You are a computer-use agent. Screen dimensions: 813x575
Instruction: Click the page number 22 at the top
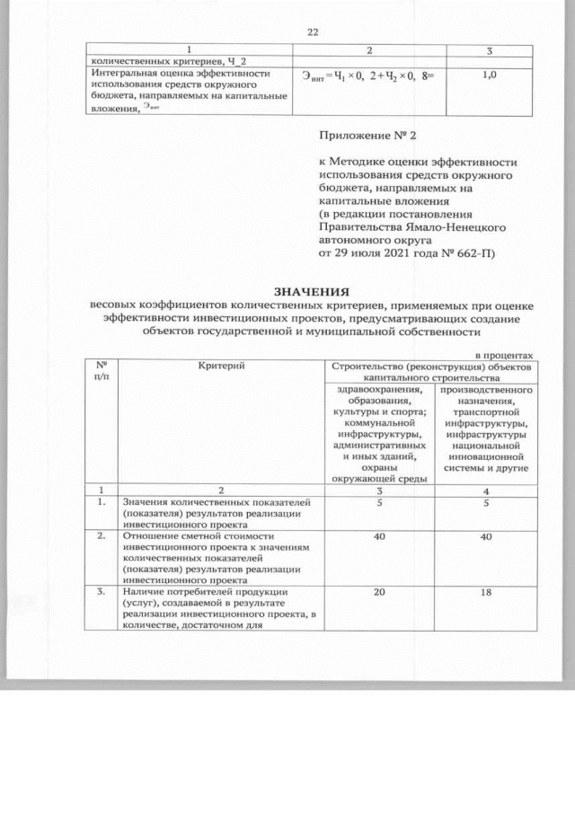[x=313, y=32]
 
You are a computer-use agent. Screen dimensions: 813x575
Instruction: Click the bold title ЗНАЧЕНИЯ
[x=311, y=292]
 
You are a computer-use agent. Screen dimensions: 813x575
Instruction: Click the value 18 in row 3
[x=485, y=594]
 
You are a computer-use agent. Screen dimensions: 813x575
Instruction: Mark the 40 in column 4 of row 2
[x=485, y=537]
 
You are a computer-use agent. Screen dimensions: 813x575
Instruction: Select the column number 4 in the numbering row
[x=485, y=490]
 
